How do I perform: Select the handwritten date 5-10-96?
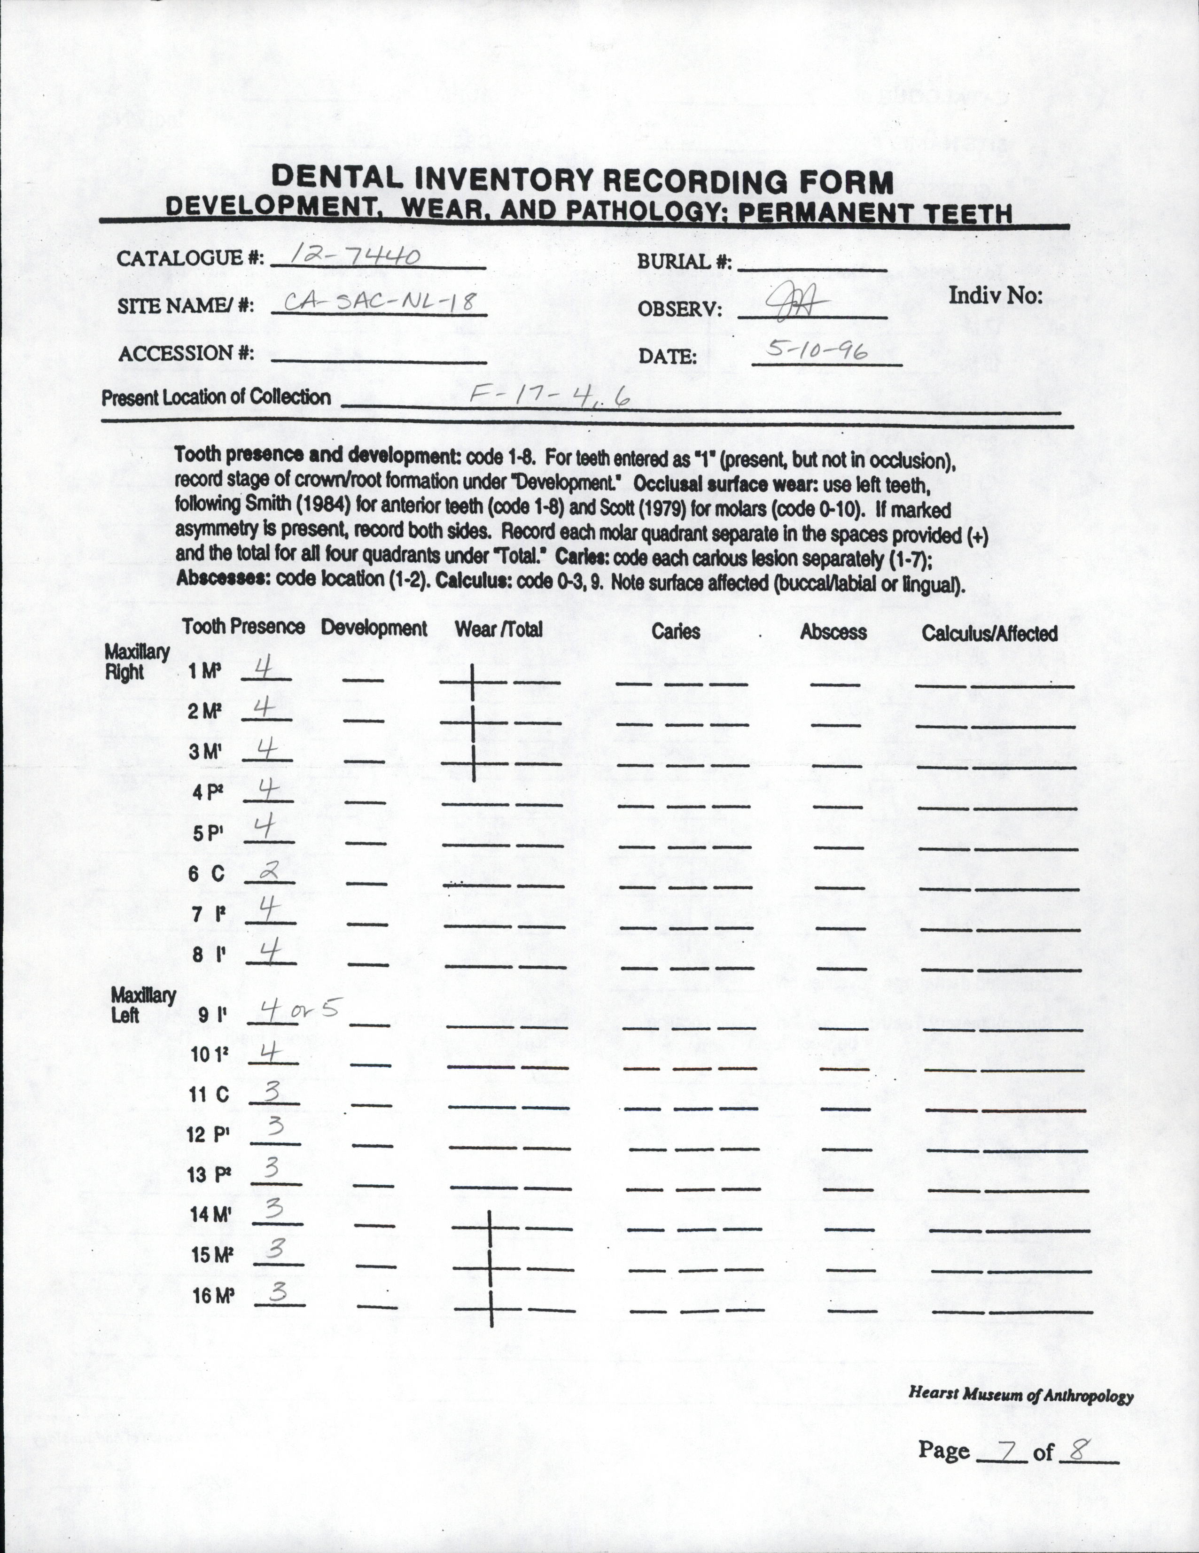click(x=817, y=349)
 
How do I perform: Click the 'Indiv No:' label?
click(x=995, y=296)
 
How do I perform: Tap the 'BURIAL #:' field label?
click(x=684, y=262)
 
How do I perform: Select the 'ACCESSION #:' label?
click(x=186, y=353)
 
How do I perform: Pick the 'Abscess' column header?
click(x=833, y=632)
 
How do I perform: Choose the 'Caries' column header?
click(x=676, y=631)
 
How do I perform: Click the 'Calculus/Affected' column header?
click(x=989, y=633)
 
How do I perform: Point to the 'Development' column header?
click(x=374, y=629)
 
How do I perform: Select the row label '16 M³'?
click(x=213, y=1296)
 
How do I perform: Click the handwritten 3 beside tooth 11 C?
click(x=272, y=1092)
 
